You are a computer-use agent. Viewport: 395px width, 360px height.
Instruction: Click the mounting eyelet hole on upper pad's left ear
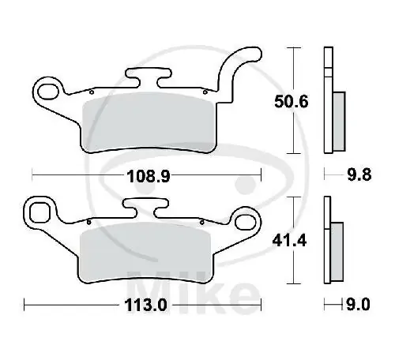point(51,87)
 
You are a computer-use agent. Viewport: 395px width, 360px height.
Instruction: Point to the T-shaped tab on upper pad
point(151,77)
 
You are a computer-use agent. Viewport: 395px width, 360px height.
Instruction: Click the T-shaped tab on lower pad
point(143,209)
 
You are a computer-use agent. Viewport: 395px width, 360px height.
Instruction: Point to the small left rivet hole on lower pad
point(90,222)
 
